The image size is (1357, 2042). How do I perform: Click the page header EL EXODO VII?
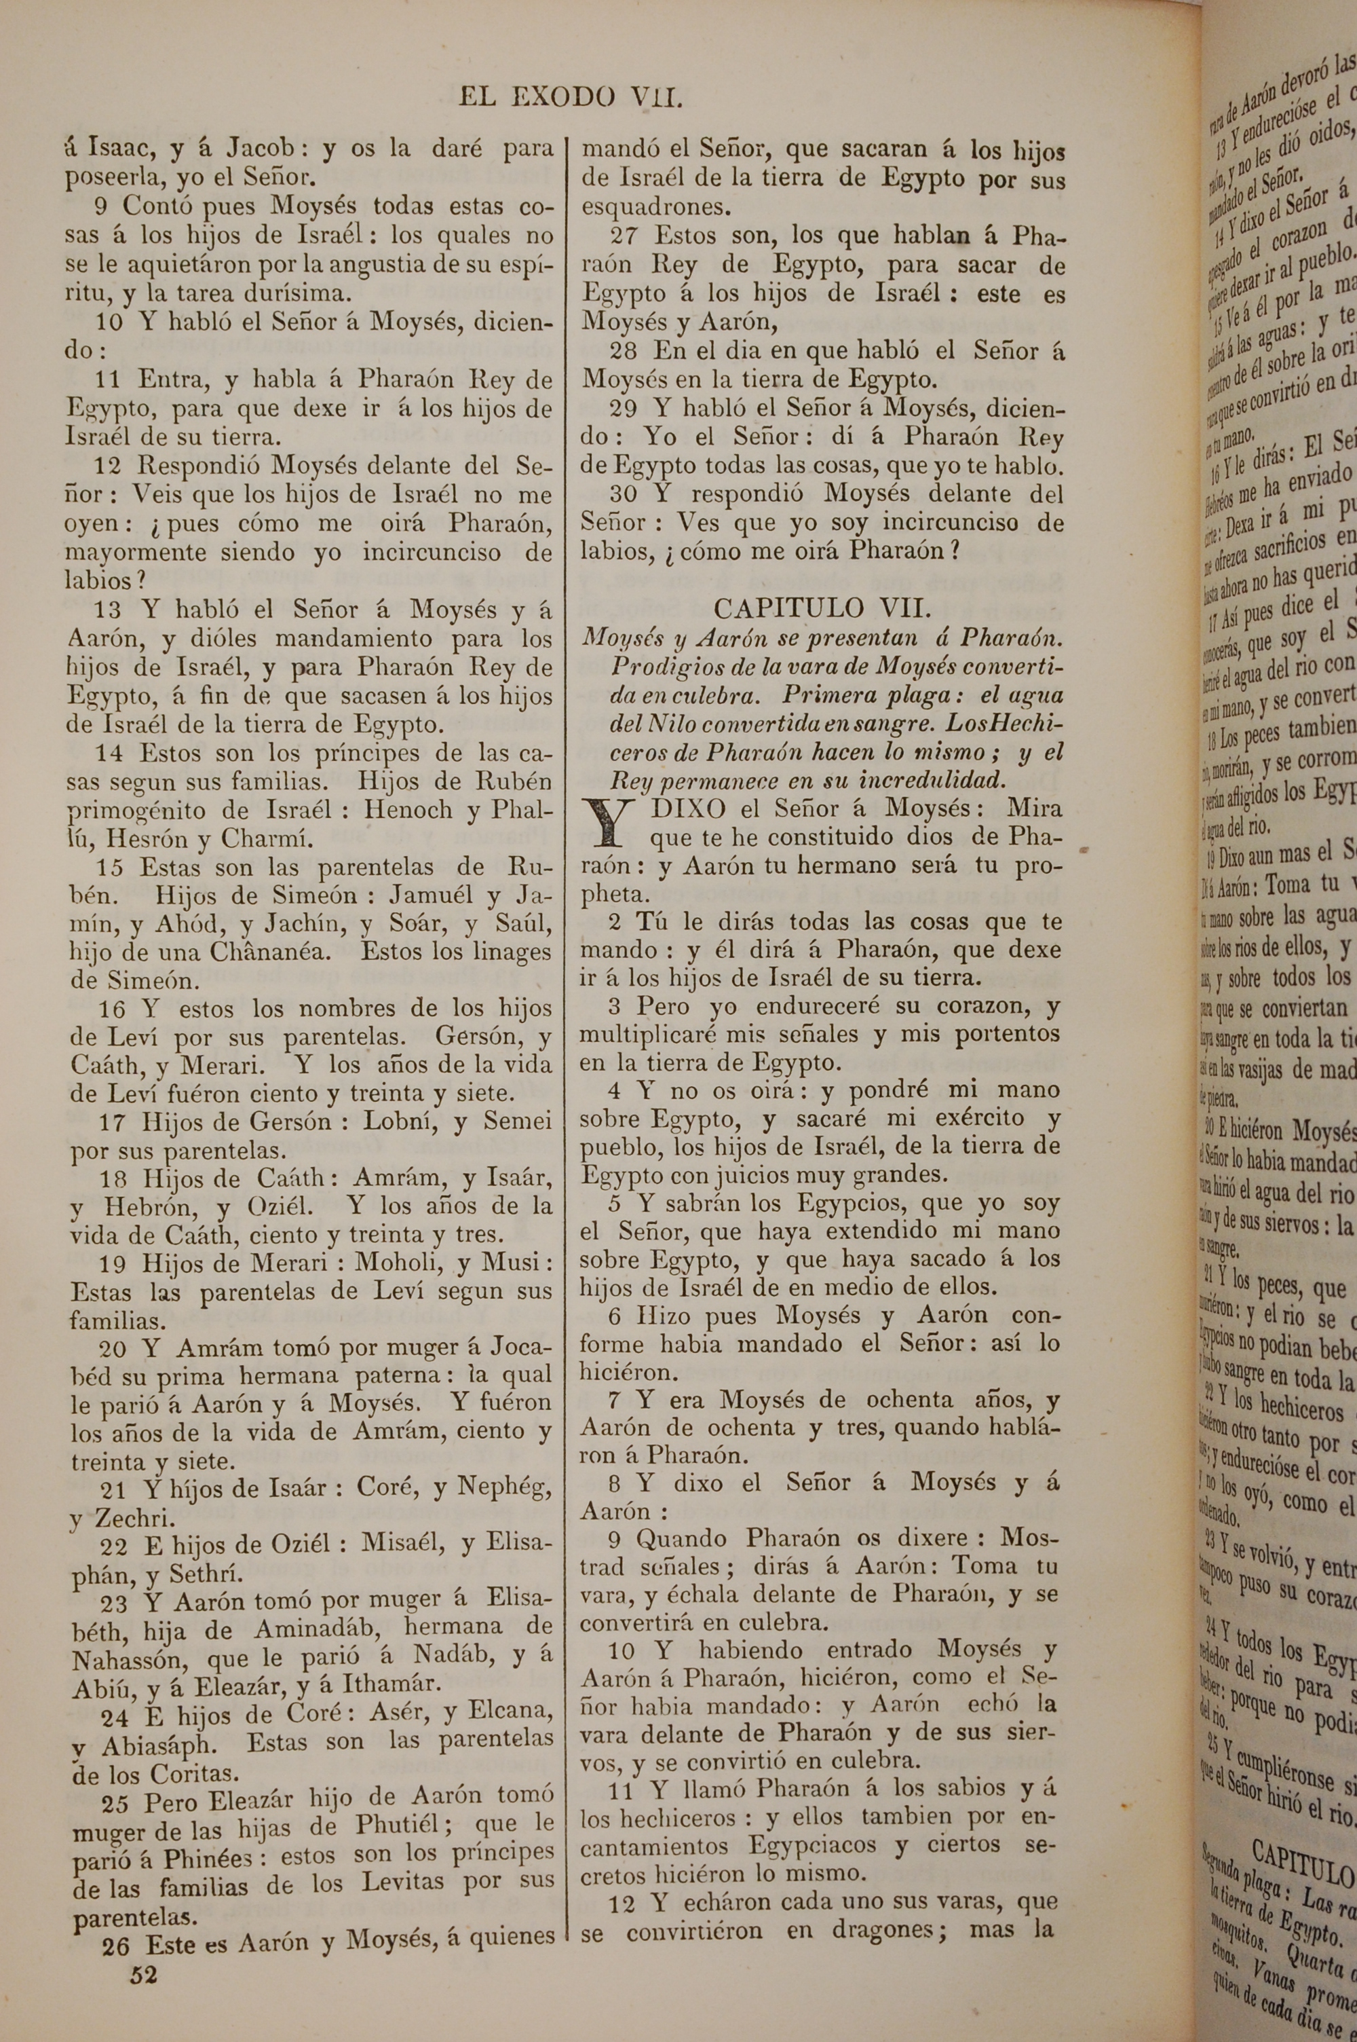[x=571, y=98]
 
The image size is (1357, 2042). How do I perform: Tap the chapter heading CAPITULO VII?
[x=822, y=608]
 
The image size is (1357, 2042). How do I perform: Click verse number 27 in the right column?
[x=623, y=236]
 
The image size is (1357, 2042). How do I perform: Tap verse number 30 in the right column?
[x=623, y=494]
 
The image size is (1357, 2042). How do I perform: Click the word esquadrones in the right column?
[x=657, y=208]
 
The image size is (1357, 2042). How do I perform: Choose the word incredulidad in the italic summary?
[x=932, y=780]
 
